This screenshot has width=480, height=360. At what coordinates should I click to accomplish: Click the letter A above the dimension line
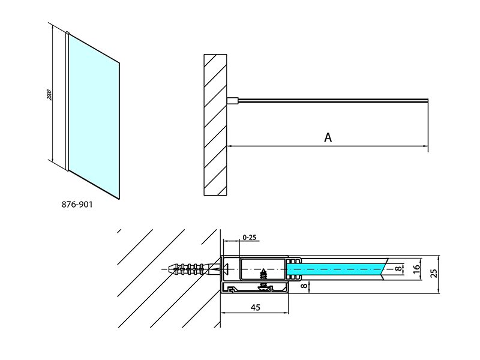point(328,137)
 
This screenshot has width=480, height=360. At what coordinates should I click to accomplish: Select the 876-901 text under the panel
point(77,204)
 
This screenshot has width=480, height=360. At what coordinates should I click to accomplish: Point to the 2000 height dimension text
point(50,95)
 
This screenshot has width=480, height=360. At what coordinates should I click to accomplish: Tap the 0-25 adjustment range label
point(249,237)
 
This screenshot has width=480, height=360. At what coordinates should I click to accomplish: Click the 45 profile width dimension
point(255,307)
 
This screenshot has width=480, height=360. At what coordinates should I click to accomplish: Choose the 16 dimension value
point(416,269)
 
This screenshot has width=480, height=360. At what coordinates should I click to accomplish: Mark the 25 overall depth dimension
point(434,273)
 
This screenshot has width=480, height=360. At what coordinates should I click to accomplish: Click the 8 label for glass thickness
point(398,269)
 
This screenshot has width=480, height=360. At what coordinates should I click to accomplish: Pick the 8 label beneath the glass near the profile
point(304,286)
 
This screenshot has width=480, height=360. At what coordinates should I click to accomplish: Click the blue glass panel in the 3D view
point(94,116)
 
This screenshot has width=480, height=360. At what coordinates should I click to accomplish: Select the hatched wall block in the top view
point(215,125)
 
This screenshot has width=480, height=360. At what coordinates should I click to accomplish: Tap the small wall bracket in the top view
point(232,101)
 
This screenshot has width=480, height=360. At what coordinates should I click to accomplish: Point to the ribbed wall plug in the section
point(191,269)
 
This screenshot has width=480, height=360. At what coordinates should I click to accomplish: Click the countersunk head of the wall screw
point(224,269)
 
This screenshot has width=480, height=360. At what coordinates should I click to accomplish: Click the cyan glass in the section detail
point(336,269)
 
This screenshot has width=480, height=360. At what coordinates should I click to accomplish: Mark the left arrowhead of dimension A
point(229,146)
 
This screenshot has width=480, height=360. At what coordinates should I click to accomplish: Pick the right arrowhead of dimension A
point(425,146)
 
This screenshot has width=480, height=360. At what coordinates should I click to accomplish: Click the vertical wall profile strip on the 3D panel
point(67,101)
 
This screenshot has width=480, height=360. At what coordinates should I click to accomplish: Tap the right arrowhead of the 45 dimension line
point(286,313)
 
